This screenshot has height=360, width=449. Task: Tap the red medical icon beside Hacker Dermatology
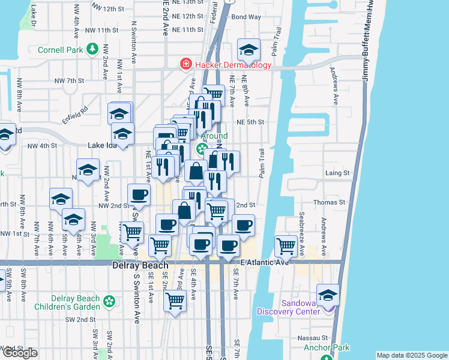[x=186, y=64]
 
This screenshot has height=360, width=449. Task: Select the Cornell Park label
[x=60, y=50]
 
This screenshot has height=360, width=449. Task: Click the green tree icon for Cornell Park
[x=92, y=49]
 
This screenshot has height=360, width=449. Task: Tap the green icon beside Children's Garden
[x=109, y=301]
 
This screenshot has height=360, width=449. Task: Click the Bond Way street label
[x=246, y=17]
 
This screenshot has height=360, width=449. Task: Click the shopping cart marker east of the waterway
[x=286, y=245]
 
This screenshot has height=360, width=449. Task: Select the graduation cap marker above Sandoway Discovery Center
[x=328, y=295]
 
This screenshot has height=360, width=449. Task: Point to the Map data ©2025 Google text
[x=411, y=355]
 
